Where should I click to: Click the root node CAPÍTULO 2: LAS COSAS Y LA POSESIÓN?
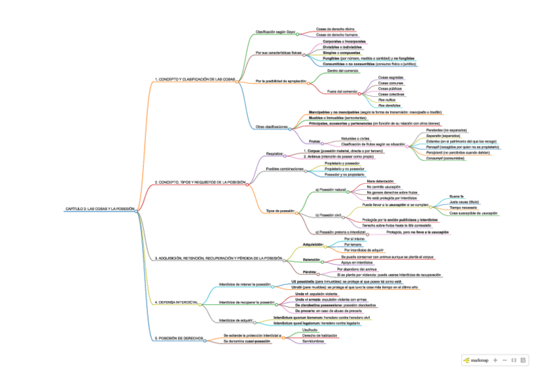[x=99, y=209]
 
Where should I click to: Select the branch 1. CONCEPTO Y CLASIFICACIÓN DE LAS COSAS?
[x=194, y=79]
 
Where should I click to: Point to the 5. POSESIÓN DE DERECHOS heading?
[x=179, y=338]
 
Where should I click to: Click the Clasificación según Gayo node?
[x=275, y=31]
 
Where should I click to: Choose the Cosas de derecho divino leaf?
[x=335, y=29]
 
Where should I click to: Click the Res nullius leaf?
[x=387, y=99]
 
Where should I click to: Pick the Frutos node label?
[x=315, y=141]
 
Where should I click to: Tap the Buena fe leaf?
[x=456, y=196]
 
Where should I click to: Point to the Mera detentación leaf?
[x=380, y=181]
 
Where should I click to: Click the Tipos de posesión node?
[x=280, y=211]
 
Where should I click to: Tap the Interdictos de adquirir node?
[x=235, y=320]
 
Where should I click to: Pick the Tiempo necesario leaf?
[x=464, y=207]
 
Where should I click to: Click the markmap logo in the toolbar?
[x=476, y=360]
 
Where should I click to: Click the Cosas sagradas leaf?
[x=391, y=77]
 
